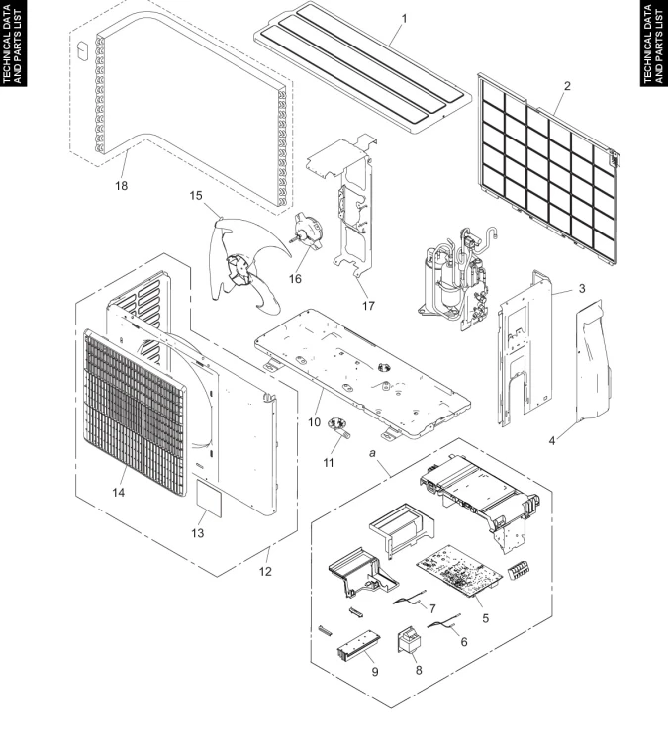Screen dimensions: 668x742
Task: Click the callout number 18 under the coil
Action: (121, 186)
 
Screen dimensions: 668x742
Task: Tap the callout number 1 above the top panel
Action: (404, 19)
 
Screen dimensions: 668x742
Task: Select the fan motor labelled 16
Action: (306, 232)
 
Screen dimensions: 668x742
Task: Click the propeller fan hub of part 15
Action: (239, 269)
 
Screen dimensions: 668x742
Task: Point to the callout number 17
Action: (368, 306)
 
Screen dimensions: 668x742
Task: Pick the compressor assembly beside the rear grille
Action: (455, 277)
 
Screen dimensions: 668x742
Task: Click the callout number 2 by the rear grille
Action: (567, 86)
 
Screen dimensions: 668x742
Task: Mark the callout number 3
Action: (582, 288)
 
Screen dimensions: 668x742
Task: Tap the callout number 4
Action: (552, 441)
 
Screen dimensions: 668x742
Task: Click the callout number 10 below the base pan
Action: (314, 422)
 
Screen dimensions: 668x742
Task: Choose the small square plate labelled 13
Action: (209, 499)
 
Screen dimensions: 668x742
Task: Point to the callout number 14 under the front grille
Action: (119, 492)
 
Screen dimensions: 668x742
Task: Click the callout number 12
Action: (265, 571)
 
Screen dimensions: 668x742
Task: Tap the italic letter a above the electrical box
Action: (372, 453)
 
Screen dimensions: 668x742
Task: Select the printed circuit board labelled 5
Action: (458, 571)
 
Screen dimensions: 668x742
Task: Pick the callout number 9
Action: (375, 672)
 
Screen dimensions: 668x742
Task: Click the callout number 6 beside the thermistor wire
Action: (464, 642)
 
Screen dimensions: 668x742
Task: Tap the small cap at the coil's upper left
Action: (83, 50)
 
